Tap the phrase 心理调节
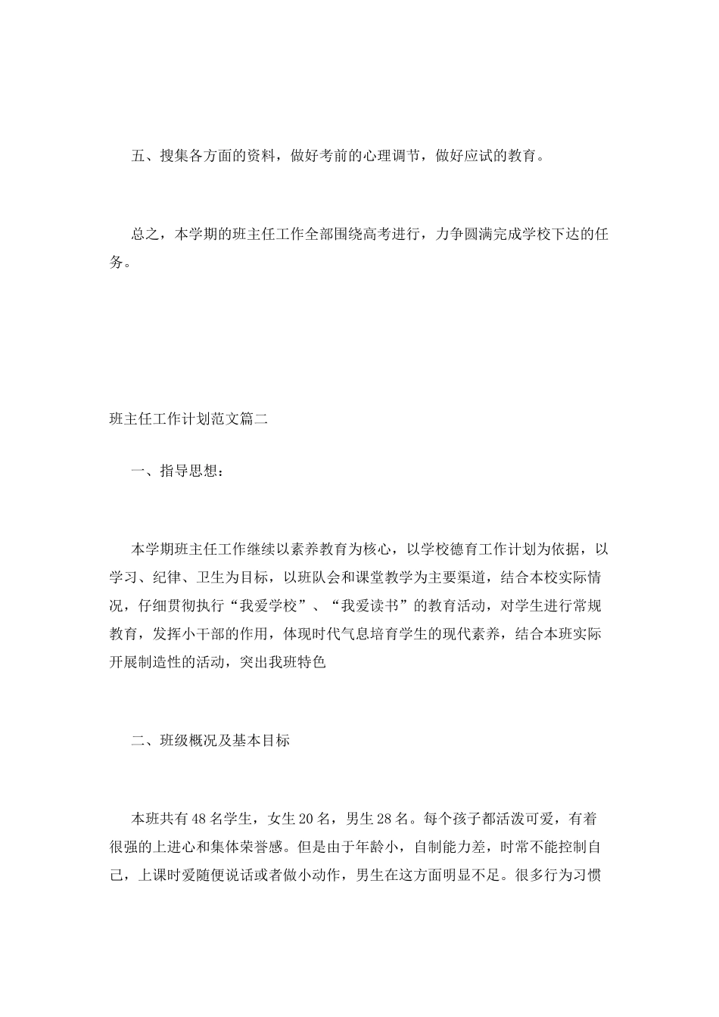coord(381,157)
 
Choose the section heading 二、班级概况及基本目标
coord(210,741)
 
